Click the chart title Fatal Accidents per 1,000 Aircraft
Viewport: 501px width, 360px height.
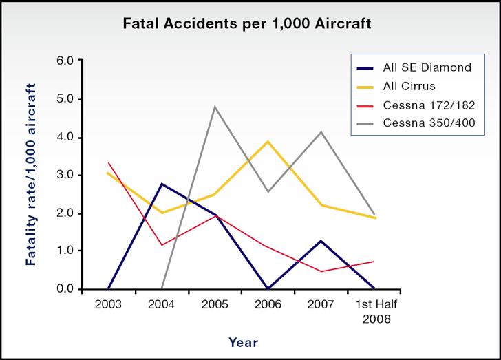pos(247,23)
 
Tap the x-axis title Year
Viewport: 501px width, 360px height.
pos(244,341)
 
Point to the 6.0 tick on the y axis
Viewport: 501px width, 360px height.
pos(64,61)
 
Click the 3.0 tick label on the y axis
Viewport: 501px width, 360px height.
pos(64,175)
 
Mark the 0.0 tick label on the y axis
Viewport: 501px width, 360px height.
pos(64,289)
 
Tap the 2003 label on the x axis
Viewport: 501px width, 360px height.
pos(108,304)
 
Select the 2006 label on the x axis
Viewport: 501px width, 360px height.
pos(268,304)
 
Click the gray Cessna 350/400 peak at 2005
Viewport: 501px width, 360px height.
pos(215,107)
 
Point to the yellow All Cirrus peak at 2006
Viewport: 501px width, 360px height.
pos(268,141)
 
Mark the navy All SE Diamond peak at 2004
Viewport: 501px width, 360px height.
pos(162,184)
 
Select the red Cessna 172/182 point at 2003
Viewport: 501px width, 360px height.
pos(109,162)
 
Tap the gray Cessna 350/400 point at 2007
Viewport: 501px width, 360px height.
pos(321,131)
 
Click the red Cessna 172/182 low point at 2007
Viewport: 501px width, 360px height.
pos(321,271)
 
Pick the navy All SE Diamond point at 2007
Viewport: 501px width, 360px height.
pos(321,241)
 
